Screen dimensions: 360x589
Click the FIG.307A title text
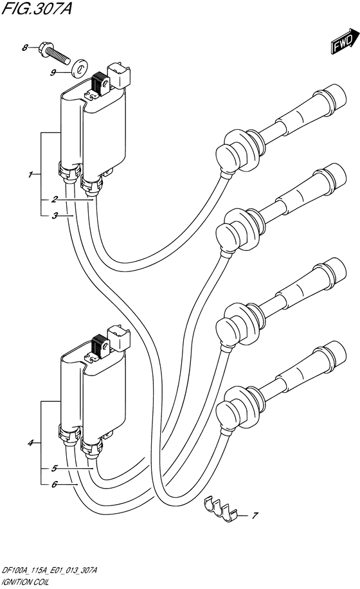pos(37,8)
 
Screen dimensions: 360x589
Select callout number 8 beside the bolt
pos(25,48)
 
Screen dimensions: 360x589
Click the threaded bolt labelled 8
pos(54,54)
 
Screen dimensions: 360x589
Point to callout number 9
pos(53,73)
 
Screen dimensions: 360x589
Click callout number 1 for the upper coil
pos(30,175)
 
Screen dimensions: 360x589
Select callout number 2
pos(55,199)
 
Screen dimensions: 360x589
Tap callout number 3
pos(55,216)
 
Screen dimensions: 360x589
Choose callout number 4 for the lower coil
pos(31,443)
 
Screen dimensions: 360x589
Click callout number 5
pos(55,468)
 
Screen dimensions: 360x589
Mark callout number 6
pos(55,485)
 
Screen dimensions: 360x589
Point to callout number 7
pos(255,516)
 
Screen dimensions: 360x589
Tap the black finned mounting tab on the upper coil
pos(100,83)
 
